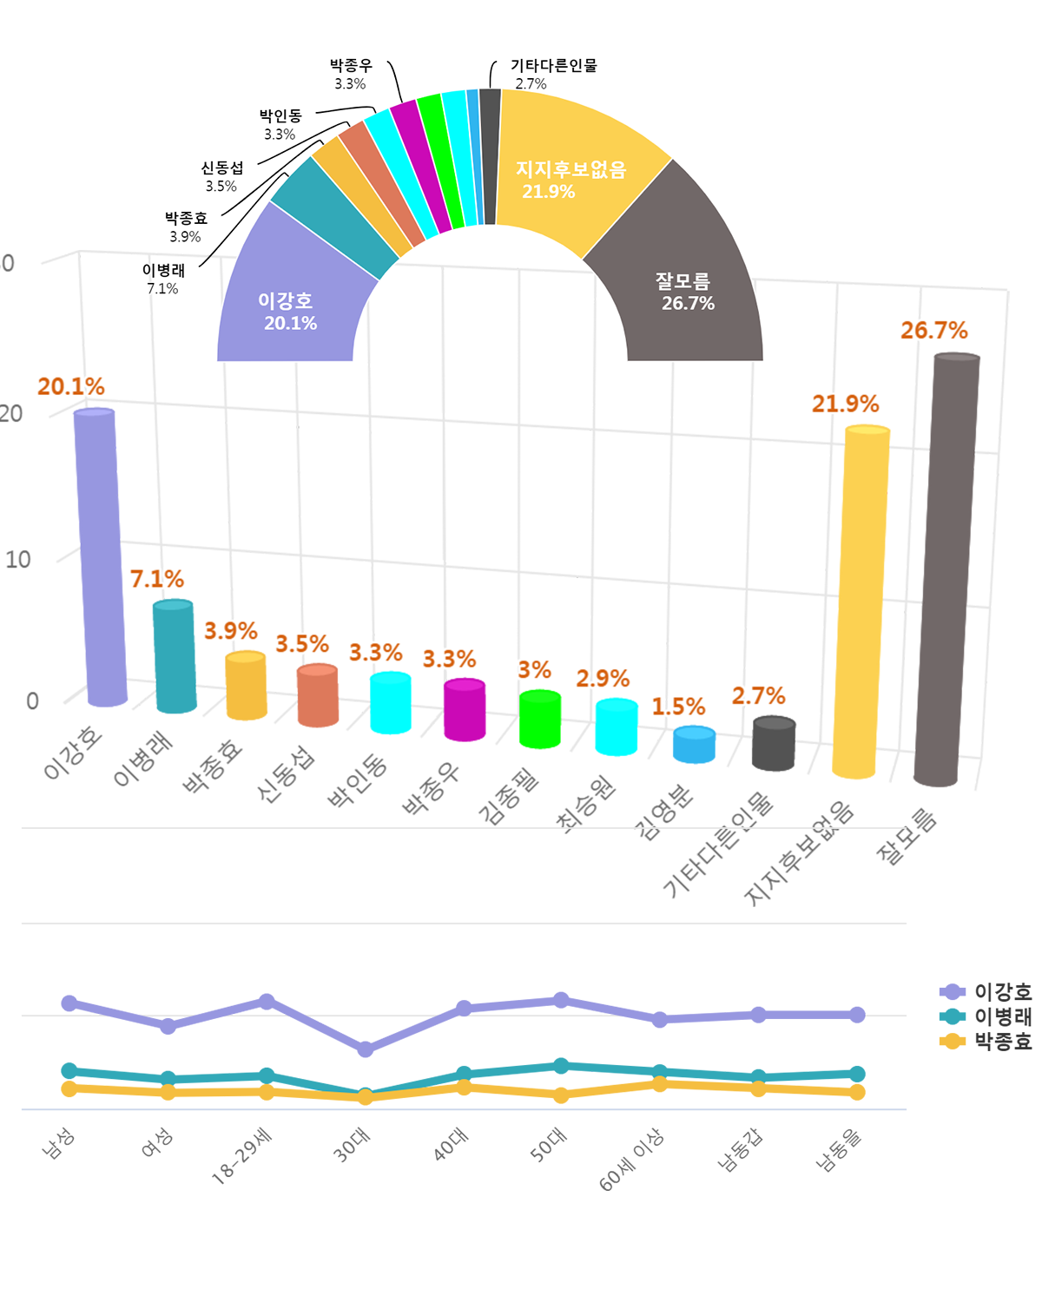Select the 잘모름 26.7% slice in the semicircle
pyautogui.click(x=686, y=278)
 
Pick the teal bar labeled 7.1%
pyautogui.click(x=175, y=656)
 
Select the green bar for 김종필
pyautogui.click(x=539, y=719)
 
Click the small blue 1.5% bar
pyautogui.click(x=694, y=745)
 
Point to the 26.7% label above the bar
pyautogui.click(x=933, y=331)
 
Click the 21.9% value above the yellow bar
pyautogui.click(x=845, y=404)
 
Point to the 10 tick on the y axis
pyautogui.click(x=18, y=560)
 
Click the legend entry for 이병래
pyautogui.click(x=987, y=1016)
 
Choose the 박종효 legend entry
pyautogui.click(x=987, y=1042)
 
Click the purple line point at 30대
pyautogui.click(x=366, y=1049)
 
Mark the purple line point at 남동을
pyautogui.click(x=857, y=1015)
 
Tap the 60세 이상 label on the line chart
pyautogui.click(x=631, y=1160)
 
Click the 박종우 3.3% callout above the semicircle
pyautogui.click(x=351, y=75)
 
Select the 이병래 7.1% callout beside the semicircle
pyautogui.click(x=163, y=279)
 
